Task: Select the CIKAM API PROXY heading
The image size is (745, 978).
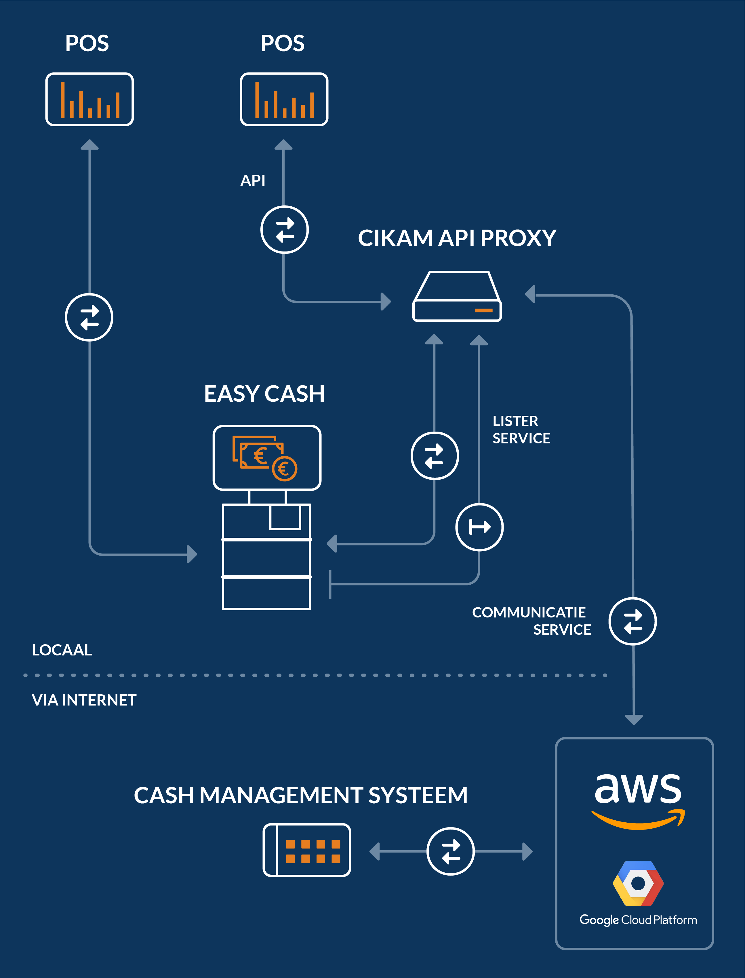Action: [x=457, y=238]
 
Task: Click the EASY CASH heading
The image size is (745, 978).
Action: [x=264, y=394]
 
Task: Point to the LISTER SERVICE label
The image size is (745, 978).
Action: [x=521, y=430]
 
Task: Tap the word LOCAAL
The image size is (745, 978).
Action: [x=62, y=650]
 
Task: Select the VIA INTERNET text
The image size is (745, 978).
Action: [x=84, y=700]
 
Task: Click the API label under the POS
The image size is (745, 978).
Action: [x=253, y=180]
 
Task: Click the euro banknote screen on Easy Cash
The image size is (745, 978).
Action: [x=267, y=457]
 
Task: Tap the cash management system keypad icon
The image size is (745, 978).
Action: [x=307, y=850]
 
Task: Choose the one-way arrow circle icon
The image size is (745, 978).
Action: [x=479, y=527]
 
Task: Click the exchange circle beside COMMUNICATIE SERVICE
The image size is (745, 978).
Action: [x=632, y=621]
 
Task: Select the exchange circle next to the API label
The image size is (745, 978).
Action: [x=284, y=230]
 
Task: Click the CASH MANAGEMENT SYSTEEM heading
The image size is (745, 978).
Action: [x=301, y=795]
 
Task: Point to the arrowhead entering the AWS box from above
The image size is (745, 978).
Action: [x=634, y=719]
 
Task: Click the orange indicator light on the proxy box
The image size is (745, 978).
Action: [x=484, y=310]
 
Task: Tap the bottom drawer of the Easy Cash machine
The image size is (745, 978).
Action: [x=266, y=593]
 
